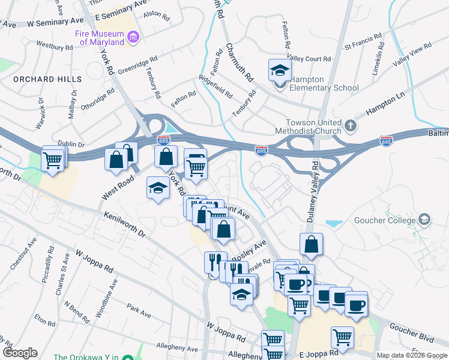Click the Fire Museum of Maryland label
[100, 38]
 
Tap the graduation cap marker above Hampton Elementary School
[280, 71]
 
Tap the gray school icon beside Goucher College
[425, 220]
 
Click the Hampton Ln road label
[384, 104]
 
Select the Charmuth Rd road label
[240, 62]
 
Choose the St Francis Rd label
[364, 45]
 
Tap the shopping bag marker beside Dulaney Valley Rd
[311, 244]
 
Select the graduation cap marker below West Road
[158, 189]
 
